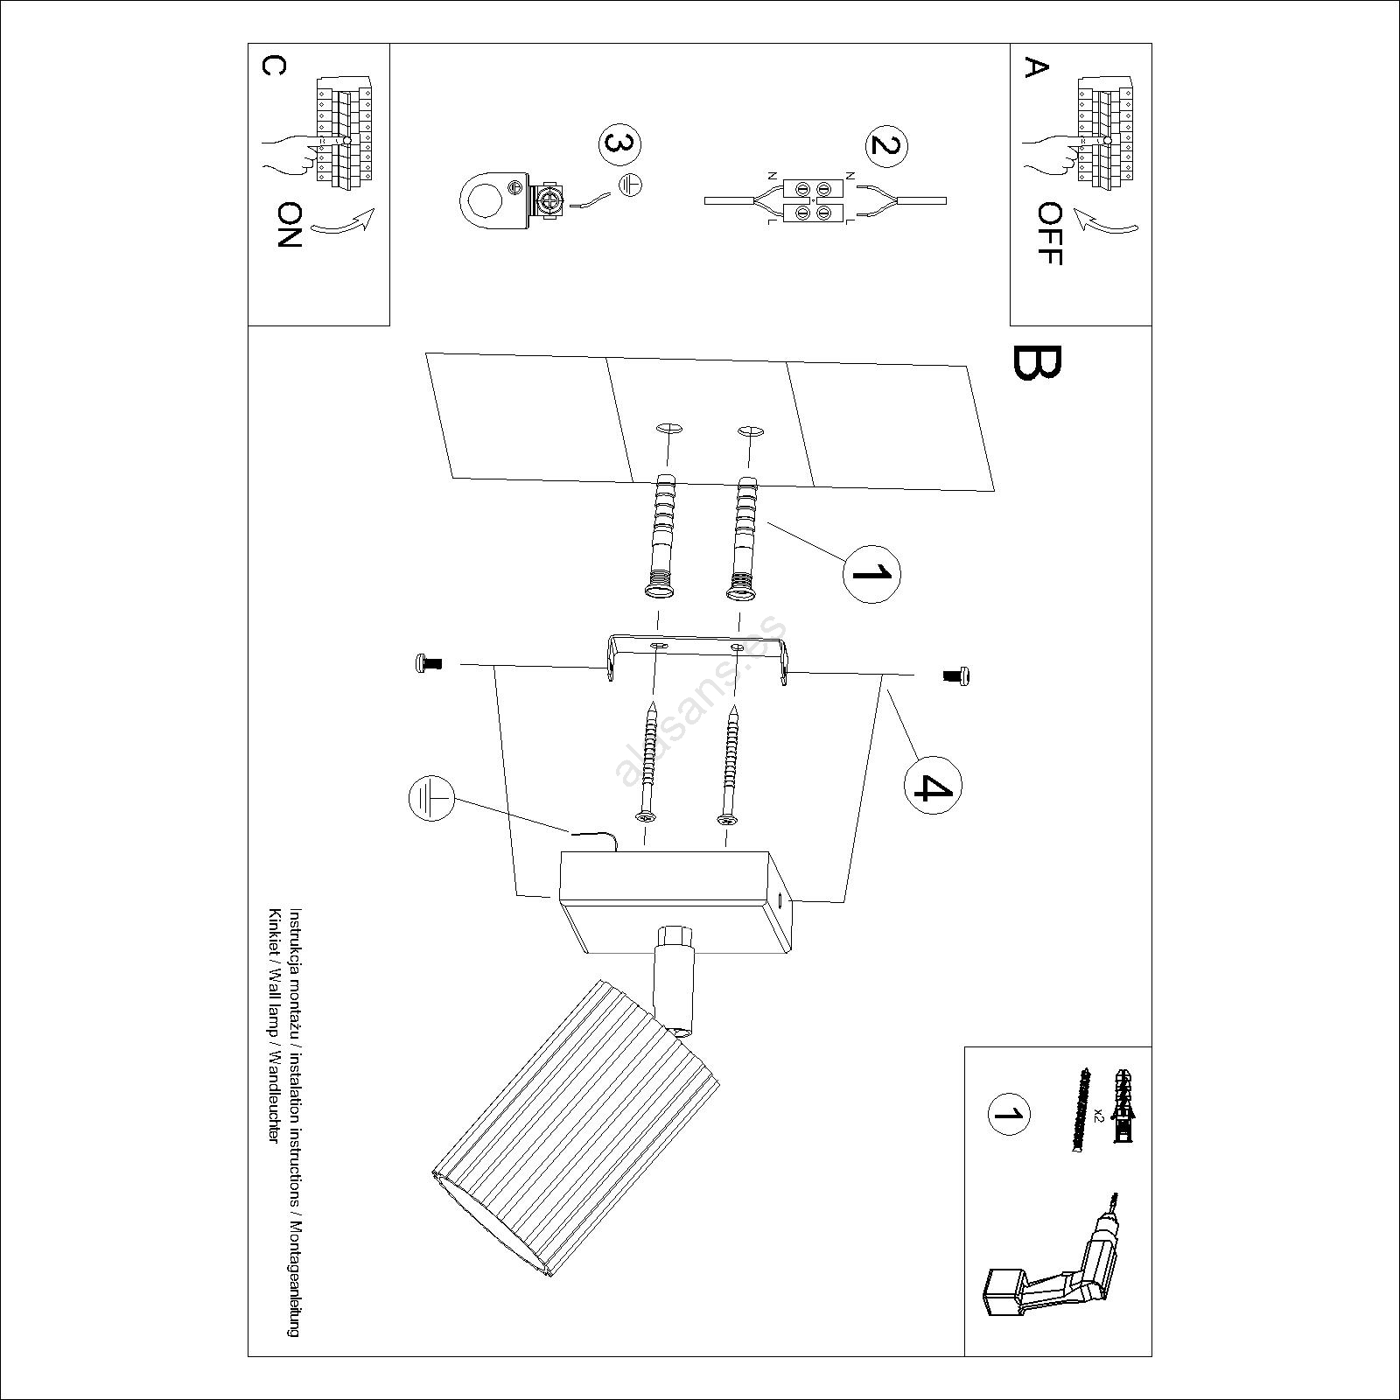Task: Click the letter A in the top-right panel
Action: click(1036, 68)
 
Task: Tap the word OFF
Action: click(1048, 234)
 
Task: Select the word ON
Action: click(289, 225)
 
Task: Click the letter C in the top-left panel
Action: click(272, 67)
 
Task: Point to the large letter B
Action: click(1038, 362)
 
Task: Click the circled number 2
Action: click(885, 145)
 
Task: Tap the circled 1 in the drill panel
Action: click(1009, 1114)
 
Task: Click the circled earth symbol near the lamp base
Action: click(431, 799)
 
